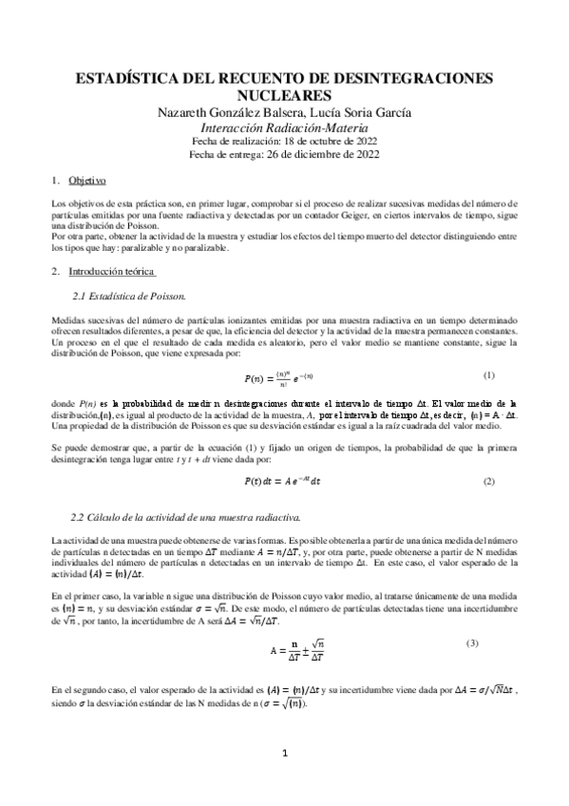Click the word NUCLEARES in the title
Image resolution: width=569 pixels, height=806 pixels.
tap(284, 94)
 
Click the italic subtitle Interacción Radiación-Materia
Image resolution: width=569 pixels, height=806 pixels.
tap(284, 127)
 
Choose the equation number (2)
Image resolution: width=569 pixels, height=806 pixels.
tap(488, 482)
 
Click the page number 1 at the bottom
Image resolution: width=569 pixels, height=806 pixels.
tap(284, 754)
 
